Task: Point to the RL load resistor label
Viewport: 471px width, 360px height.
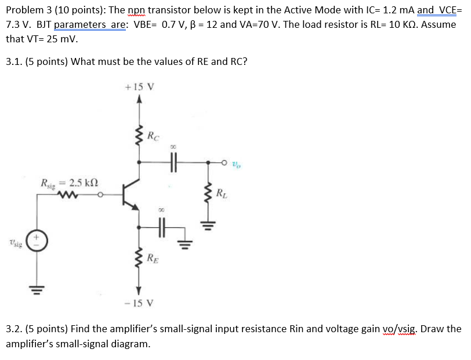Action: [x=221, y=193]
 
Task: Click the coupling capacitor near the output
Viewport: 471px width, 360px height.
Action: [x=173, y=163]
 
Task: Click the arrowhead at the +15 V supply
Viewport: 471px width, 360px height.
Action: [x=139, y=100]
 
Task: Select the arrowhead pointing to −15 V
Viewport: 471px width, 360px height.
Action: [x=139, y=290]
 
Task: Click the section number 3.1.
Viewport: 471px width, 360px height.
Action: [x=13, y=61]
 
